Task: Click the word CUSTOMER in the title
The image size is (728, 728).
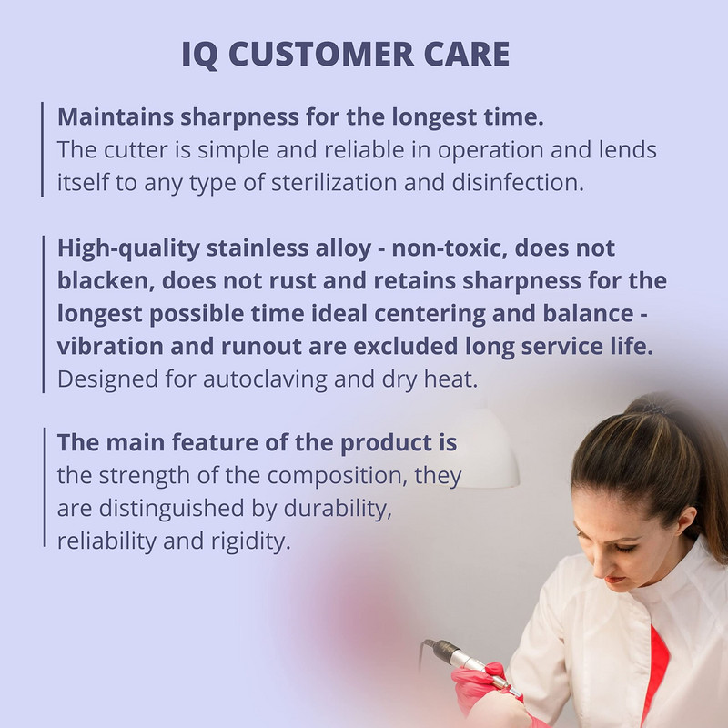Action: pyautogui.click(x=321, y=54)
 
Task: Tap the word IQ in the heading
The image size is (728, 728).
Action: pyautogui.click(x=199, y=55)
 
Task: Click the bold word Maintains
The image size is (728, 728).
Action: pyautogui.click(x=116, y=116)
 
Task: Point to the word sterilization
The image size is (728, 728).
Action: pyautogui.click(x=334, y=182)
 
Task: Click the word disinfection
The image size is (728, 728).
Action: pyautogui.click(x=518, y=182)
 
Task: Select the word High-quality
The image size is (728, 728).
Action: pyautogui.click(x=128, y=248)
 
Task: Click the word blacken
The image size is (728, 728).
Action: pyautogui.click(x=106, y=280)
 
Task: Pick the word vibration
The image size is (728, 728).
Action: pyautogui.click(x=110, y=346)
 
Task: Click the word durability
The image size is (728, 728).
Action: pyautogui.click(x=338, y=509)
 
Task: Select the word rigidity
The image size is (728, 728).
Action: pyautogui.click(x=251, y=541)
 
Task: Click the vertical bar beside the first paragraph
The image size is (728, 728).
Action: pyautogui.click(x=42, y=149)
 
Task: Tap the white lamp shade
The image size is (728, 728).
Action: pyautogui.click(x=485, y=448)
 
